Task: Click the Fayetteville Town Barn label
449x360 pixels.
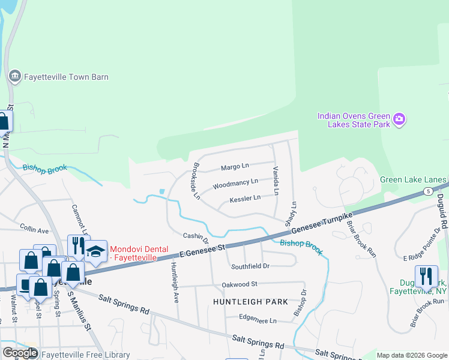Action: click(x=66, y=77)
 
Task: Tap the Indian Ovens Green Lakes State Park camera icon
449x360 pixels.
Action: click(x=399, y=120)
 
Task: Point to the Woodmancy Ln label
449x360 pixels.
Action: click(x=235, y=181)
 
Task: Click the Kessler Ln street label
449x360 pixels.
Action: click(x=245, y=197)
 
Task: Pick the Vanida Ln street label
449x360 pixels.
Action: click(x=276, y=181)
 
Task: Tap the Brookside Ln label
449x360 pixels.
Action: click(x=195, y=181)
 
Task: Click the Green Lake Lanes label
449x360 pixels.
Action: click(x=413, y=180)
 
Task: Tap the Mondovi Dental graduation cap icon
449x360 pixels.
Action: click(x=95, y=251)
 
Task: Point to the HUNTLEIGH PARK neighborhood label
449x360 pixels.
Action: click(x=250, y=302)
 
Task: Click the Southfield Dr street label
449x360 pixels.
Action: click(x=250, y=266)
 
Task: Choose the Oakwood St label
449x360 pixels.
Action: click(x=239, y=284)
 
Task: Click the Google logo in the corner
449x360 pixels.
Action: click(x=20, y=353)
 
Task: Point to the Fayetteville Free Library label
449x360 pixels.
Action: click(x=85, y=355)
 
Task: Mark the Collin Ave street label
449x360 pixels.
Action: click(x=34, y=230)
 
